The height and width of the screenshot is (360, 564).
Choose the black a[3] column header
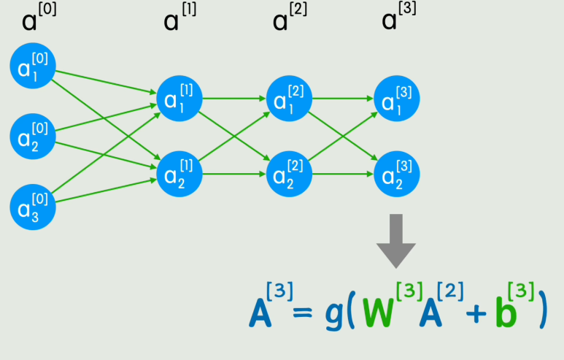(398, 18)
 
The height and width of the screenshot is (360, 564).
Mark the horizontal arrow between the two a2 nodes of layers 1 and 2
(234, 173)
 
